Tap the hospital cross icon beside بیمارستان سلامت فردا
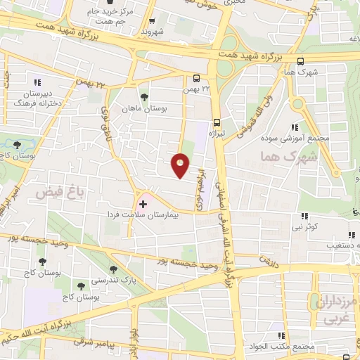coord(143,204)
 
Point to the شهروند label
coord(152,31)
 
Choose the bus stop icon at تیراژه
coord(217,121)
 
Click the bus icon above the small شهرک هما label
coord(301,60)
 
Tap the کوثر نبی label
coord(307,226)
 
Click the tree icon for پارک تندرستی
coord(113,269)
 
